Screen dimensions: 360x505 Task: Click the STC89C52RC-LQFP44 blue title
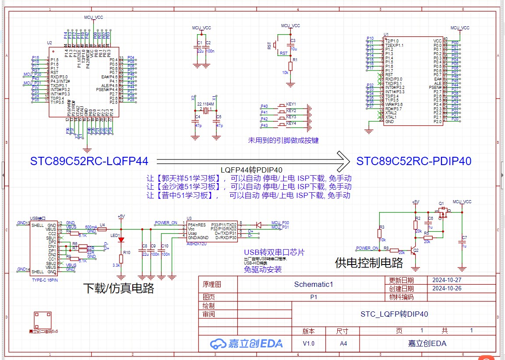pos(89,161)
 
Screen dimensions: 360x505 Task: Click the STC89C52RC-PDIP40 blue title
pos(414,161)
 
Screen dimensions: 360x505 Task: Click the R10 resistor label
pos(127,253)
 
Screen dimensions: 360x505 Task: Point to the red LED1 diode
pos(121,240)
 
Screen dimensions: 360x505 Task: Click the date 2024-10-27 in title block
pos(446,280)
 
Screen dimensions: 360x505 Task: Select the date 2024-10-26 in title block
pos(446,288)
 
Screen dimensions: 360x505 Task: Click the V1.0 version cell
pos(308,343)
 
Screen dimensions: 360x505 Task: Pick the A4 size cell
pos(343,343)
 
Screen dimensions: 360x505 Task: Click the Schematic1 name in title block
pos(314,284)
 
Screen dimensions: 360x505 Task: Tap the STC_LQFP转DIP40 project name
pos(394,314)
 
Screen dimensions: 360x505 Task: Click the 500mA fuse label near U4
pos(91,227)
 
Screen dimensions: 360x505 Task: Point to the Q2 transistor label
pos(416,250)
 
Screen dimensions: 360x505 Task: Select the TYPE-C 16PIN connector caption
pos(45,279)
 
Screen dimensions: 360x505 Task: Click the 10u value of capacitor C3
pos(293,49)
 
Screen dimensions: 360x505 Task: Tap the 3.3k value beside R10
pos(116,265)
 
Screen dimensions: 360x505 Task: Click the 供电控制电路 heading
pos(369,263)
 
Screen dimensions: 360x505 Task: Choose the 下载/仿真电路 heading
pos(118,288)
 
